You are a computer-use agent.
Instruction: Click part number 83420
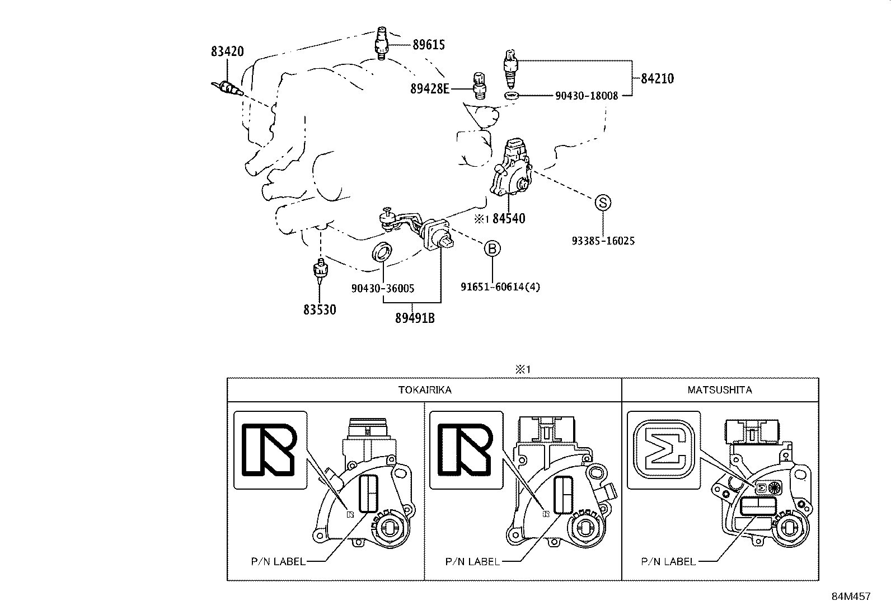(x=227, y=51)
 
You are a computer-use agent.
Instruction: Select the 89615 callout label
(x=429, y=45)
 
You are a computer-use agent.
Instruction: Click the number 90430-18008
(x=587, y=96)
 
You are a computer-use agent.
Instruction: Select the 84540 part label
(x=509, y=219)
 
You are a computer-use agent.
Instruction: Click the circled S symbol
(x=602, y=203)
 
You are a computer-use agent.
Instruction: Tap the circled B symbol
(x=491, y=248)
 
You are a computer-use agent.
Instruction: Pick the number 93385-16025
(x=603, y=241)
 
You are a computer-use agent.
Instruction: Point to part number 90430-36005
(x=383, y=288)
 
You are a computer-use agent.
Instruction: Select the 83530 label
(x=320, y=309)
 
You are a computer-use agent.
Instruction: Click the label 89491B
(x=415, y=318)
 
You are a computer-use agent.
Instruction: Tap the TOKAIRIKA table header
(x=424, y=390)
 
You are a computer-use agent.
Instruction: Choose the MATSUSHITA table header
(x=720, y=390)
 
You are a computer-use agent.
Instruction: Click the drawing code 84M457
(x=851, y=597)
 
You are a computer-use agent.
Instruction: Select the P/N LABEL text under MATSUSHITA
(x=668, y=561)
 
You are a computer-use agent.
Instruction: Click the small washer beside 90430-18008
(x=511, y=96)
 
